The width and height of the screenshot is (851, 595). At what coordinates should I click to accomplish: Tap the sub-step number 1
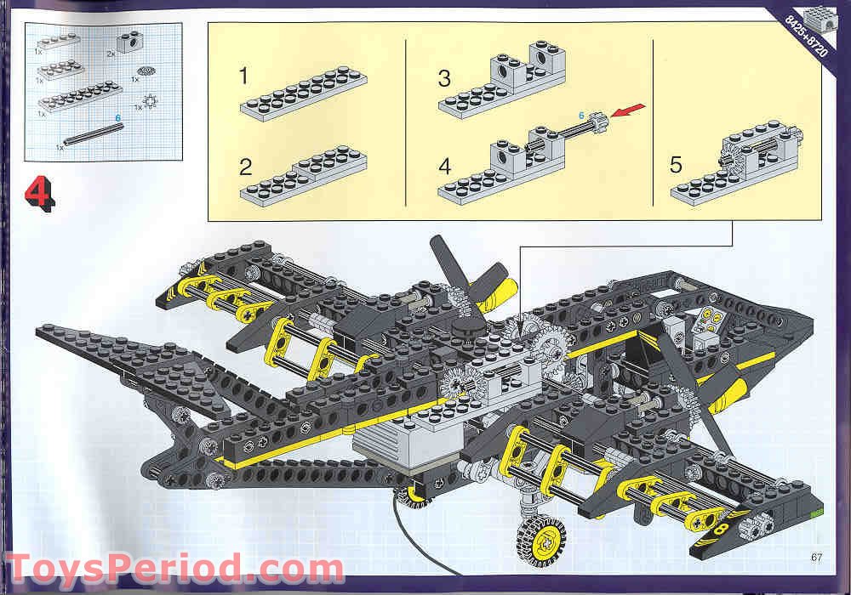244,76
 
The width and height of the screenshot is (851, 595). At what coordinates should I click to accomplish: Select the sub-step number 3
444,79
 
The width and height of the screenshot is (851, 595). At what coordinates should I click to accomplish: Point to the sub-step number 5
676,164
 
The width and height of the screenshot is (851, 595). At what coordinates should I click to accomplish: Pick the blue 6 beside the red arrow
582,114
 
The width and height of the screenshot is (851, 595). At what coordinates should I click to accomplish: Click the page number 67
819,557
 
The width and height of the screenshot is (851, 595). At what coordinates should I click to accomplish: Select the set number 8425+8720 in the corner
804,34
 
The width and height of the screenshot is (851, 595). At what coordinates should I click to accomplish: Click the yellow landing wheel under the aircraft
540,537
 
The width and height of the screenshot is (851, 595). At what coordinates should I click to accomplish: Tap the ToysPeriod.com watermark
174,568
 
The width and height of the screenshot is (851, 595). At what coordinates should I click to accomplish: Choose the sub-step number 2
246,167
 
